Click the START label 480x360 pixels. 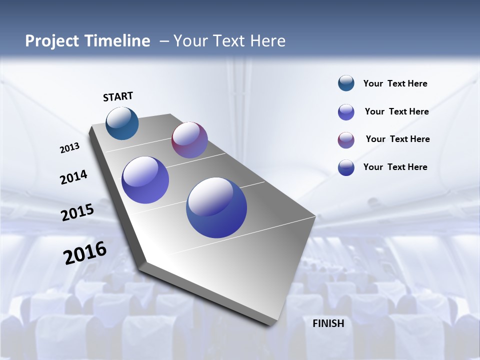[x=118, y=96]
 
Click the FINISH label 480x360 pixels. [x=328, y=323]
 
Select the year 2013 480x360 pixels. [x=69, y=148]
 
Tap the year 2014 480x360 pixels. [x=73, y=177]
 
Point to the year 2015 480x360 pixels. [x=77, y=212]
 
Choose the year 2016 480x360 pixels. [x=85, y=253]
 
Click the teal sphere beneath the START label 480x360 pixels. [x=122, y=123]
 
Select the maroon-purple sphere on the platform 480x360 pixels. [x=189, y=140]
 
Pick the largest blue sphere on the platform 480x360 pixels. [x=216, y=207]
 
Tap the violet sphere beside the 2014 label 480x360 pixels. [x=145, y=180]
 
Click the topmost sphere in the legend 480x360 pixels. [x=346, y=83]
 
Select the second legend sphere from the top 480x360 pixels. [x=346, y=112]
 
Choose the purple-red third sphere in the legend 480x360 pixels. [x=346, y=140]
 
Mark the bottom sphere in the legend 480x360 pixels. [x=346, y=167]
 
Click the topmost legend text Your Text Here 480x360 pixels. [x=395, y=83]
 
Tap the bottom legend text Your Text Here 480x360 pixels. [x=395, y=167]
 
